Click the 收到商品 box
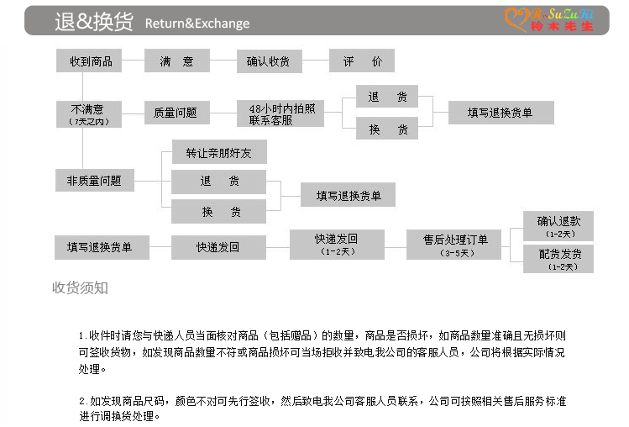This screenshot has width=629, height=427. tap(91, 61)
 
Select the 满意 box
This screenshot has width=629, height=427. tap(176, 61)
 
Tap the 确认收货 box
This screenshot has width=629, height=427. tap(269, 61)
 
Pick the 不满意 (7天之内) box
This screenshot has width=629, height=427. tap(88, 113)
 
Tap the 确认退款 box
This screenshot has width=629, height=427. tap(558, 226)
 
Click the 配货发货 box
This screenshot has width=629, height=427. tap(558, 258)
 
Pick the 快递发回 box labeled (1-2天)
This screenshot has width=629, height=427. tap(336, 244)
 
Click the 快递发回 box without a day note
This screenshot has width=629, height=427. tap(218, 247)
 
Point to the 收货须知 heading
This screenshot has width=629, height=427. tap(81, 288)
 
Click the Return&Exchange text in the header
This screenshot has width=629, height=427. tap(197, 23)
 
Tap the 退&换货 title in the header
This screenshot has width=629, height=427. tap(93, 23)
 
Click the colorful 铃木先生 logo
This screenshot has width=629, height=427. tap(549, 19)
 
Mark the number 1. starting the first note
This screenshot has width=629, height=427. tap(83, 335)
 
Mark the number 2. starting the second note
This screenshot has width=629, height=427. tap(83, 401)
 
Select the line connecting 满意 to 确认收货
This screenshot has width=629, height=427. tap(223, 61)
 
